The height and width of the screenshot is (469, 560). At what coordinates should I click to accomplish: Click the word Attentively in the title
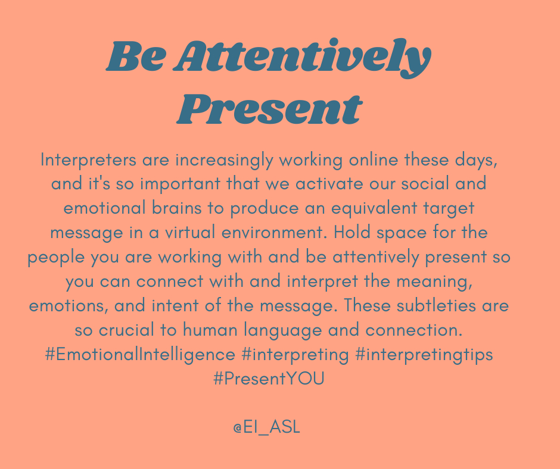pyautogui.click(x=304, y=58)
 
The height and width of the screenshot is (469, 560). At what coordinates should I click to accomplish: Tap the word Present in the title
pyautogui.click(x=269, y=109)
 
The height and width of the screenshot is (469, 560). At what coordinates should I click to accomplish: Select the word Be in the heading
pyautogui.click(x=132, y=58)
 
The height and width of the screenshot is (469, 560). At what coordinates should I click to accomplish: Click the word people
pyautogui.click(x=54, y=258)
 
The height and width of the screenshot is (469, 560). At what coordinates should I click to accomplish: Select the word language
pyautogui.click(x=304, y=330)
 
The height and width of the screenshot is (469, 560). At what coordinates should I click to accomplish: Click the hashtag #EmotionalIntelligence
pyautogui.click(x=140, y=355)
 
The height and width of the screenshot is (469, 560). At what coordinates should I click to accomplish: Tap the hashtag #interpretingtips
pyautogui.click(x=424, y=355)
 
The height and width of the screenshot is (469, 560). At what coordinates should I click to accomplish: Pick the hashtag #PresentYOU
pyautogui.click(x=269, y=379)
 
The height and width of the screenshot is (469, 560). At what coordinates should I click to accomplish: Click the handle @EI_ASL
pyautogui.click(x=267, y=427)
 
